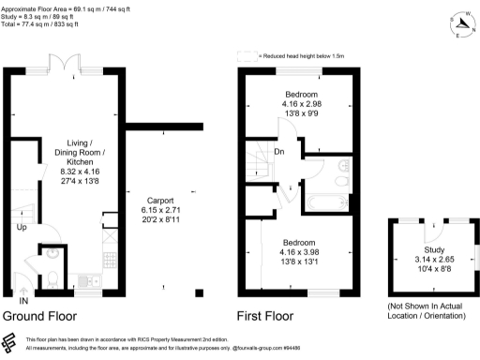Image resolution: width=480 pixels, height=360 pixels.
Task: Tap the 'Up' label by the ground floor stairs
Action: pyautogui.click(x=20, y=228)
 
